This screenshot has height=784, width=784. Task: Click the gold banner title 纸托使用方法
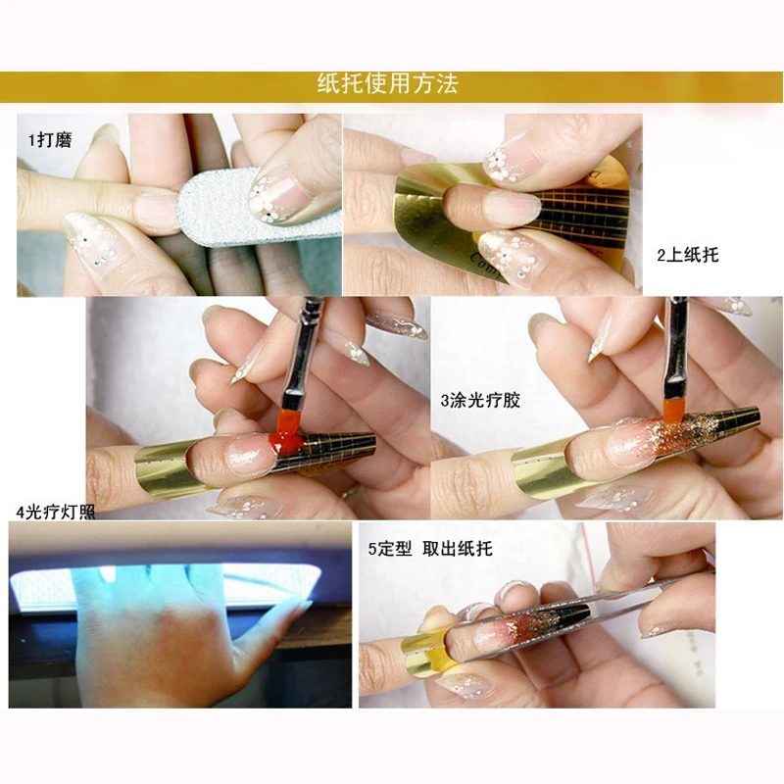[x=387, y=84]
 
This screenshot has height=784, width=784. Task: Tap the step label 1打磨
[x=51, y=139]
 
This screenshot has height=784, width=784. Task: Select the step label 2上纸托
[x=688, y=255]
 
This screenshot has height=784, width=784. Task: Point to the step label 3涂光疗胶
[x=480, y=401]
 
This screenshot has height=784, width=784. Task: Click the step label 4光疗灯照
[x=56, y=512]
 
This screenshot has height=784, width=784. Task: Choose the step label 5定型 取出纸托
[x=430, y=549]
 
